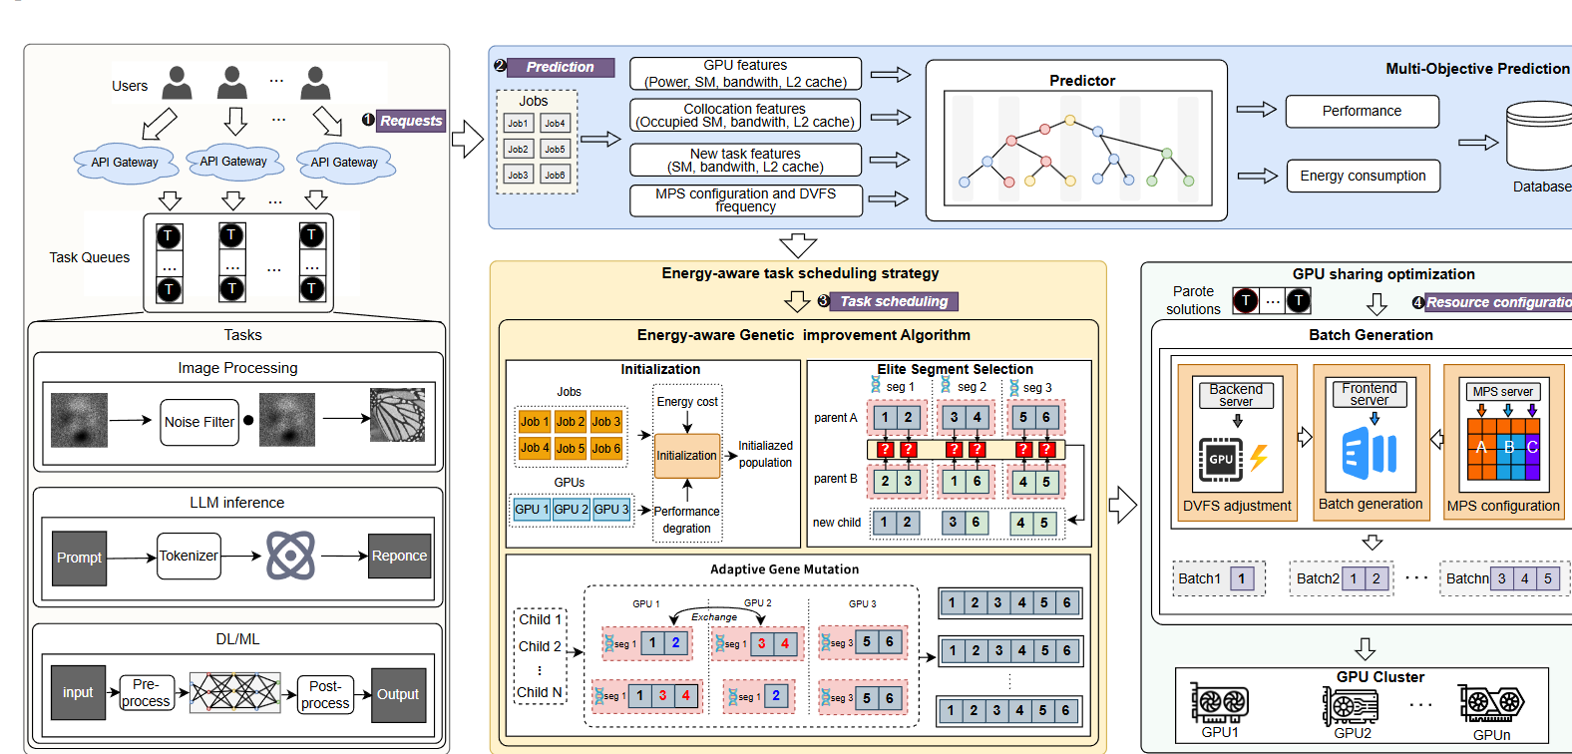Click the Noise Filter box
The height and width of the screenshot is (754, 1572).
pos(199,422)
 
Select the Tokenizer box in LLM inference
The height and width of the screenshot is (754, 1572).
pos(189,556)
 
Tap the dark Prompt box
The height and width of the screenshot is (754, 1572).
pos(79,558)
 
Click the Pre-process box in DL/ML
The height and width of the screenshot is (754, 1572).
pos(146,693)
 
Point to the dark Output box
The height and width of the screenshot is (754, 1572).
pos(398,694)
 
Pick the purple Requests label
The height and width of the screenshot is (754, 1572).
pos(411,121)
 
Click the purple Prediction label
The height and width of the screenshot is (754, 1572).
pos(561,67)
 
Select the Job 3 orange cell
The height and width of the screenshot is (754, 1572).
pos(605,422)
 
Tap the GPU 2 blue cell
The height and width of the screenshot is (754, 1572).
pos(572,509)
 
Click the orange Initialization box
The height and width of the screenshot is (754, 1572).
pos(686,456)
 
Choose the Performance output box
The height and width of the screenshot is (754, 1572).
pos(1362,111)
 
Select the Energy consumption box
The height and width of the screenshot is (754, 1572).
pos(1363,176)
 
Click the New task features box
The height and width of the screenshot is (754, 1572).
pos(745,160)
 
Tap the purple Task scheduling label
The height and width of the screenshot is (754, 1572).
pos(894,301)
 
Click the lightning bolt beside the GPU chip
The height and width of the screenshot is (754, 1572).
pos(1259,458)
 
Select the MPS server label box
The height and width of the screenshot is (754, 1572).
pos(1503,392)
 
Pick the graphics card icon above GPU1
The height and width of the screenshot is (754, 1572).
pos(1219,703)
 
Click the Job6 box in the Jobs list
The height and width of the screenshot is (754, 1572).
pos(555,175)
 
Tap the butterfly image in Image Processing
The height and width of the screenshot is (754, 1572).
pos(397,415)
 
